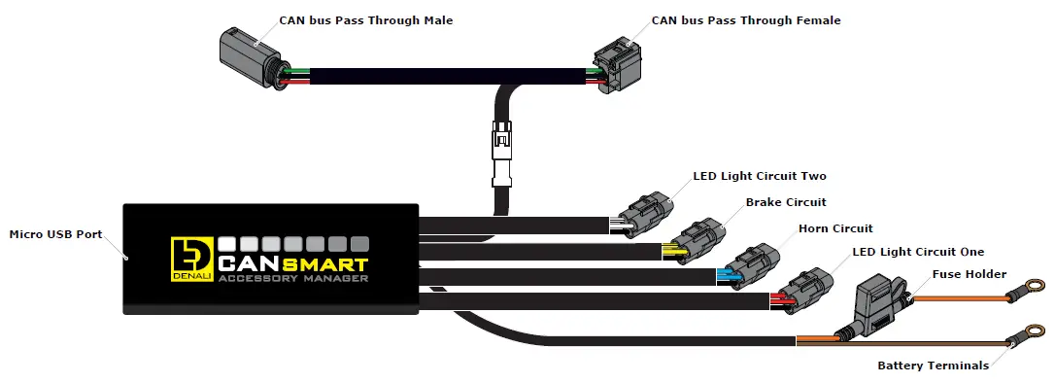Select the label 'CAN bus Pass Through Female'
click(745, 20)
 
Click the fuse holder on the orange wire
click(880, 300)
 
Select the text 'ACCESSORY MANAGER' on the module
click(292, 280)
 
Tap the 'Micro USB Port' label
click(55, 235)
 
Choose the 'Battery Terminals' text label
click(933, 366)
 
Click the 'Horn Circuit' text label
click(835, 228)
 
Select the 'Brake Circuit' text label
click(786, 202)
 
